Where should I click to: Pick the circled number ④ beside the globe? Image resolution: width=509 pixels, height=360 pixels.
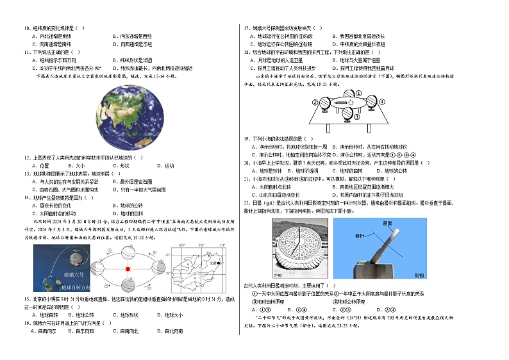click(382, 101)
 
